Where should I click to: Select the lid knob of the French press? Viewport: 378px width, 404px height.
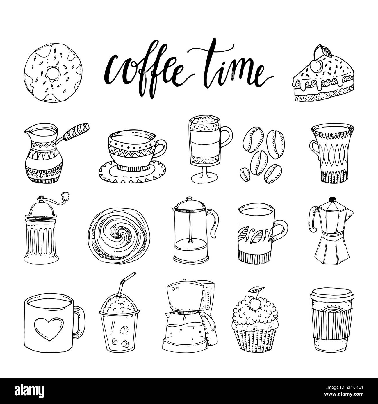click(x=189, y=199)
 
